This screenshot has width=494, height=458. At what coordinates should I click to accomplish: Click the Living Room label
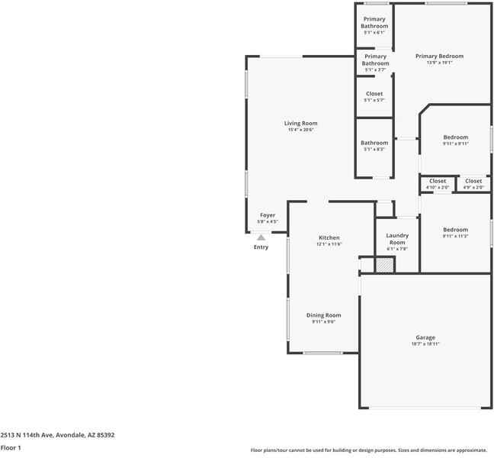pos(300,123)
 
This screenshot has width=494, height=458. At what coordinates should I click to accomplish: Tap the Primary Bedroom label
pos(439,56)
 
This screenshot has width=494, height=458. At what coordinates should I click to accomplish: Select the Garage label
pos(425,337)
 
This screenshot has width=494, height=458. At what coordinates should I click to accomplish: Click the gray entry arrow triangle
pos(261,237)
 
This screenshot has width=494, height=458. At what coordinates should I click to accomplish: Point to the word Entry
pos(261,247)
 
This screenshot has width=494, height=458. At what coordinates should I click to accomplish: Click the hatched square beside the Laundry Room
pos(384,265)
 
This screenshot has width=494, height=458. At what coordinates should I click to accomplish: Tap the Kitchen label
pos(329,237)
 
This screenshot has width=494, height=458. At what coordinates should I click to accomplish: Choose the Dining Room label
pos(323,315)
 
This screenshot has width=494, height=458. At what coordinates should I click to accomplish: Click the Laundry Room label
pos(397,239)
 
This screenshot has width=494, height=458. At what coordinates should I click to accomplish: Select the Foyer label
pos(268,215)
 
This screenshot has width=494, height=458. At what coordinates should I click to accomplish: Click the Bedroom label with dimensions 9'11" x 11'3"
pos(455,230)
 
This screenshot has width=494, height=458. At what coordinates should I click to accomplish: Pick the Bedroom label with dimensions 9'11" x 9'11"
pos(455,137)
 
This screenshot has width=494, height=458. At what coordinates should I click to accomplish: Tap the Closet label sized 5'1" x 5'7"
pos(374,94)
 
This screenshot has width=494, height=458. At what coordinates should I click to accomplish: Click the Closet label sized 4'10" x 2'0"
pos(438,181)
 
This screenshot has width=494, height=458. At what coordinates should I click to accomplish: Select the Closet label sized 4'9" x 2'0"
pos(473,181)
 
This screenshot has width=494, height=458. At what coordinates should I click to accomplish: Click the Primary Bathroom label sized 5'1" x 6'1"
pos(374,22)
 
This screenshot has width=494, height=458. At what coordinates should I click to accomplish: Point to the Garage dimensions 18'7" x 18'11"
pos(425,343)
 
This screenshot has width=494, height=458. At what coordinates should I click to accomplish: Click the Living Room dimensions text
pos(300,130)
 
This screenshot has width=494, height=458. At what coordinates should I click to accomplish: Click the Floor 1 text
pos(11,448)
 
